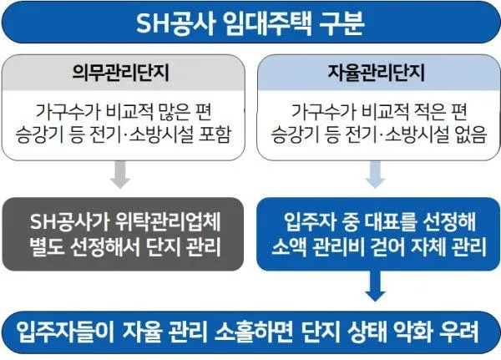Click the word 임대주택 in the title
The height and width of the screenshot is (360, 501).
(x=266, y=23)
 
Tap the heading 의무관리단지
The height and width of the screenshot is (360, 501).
(x=120, y=73)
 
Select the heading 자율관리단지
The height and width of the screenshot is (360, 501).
(x=376, y=73)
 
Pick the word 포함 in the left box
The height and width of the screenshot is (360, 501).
(x=215, y=134)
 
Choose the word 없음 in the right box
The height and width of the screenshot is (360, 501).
(x=470, y=134)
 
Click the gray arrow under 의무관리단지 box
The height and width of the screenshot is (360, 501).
(x=120, y=175)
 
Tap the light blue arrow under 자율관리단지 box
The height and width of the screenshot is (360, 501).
(x=375, y=175)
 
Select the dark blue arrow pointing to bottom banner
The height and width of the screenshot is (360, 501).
(x=375, y=286)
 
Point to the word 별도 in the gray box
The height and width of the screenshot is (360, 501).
(x=45, y=246)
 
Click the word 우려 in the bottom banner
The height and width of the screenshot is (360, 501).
(x=458, y=332)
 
